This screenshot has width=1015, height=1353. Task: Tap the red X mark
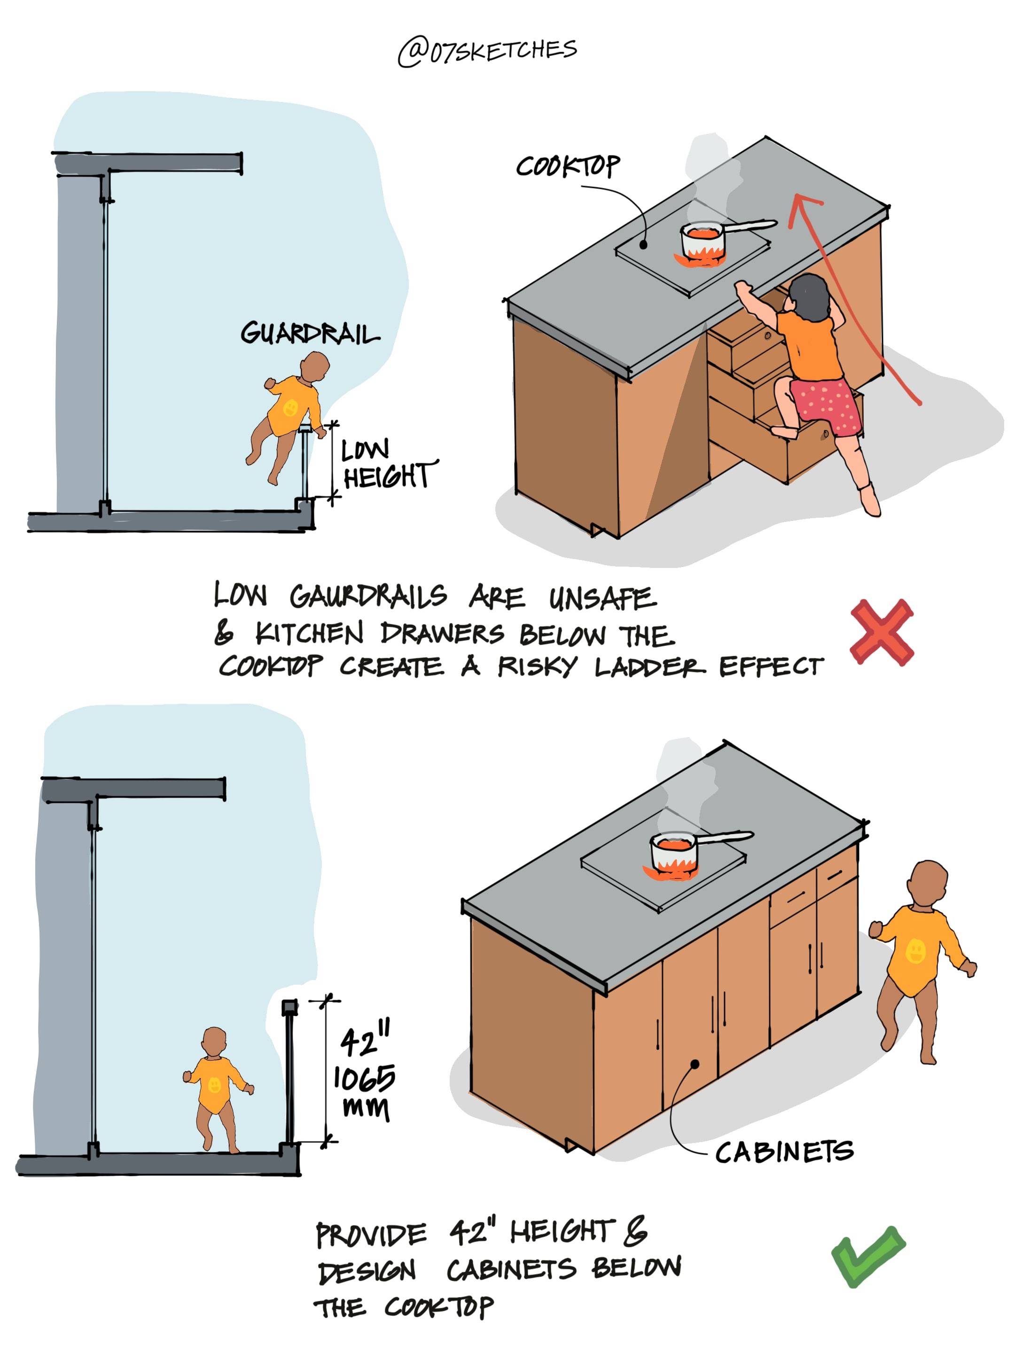(882, 632)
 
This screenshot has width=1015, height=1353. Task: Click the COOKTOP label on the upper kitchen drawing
(567, 166)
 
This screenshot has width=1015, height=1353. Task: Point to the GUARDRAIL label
(310, 334)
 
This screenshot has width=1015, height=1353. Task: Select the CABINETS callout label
(784, 1152)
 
